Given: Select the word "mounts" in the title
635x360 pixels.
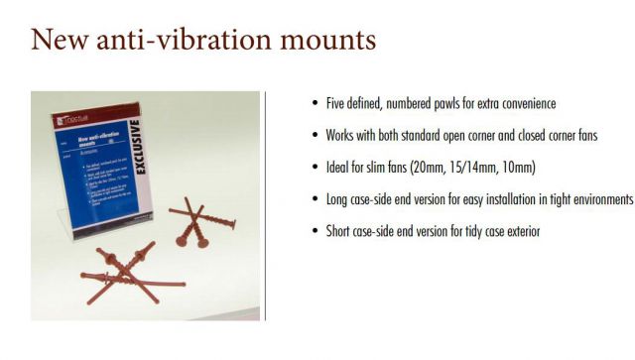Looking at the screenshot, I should [x=327, y=42].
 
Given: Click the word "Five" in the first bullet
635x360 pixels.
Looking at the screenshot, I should [x=335, y=104].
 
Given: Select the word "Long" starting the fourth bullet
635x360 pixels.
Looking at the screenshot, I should [x=337, y=199].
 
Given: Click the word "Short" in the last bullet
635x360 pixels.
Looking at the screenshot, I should [x=339, y=231].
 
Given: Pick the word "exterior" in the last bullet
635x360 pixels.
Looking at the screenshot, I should [x=519, y=231].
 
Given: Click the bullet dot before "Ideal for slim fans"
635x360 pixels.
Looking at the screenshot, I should [x=315, y=168].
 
